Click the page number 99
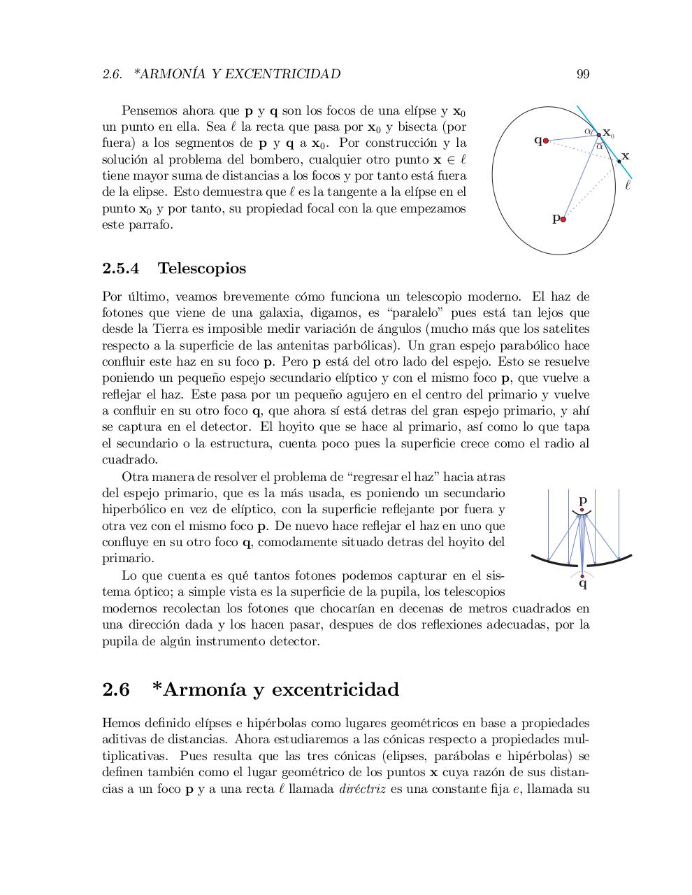point(583,74)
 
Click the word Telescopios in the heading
point(201,268)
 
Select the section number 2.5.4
point(120,268)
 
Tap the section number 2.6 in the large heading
point(116,689)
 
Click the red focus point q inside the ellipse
point(546,141)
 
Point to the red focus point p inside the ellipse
point(563,219)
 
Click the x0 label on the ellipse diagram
point(608,132)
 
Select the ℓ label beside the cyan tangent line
point(627,185)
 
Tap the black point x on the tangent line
point(619,162)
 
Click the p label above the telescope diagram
point(583,501)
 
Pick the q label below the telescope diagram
point(583,584)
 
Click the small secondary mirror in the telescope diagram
point(582,515)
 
